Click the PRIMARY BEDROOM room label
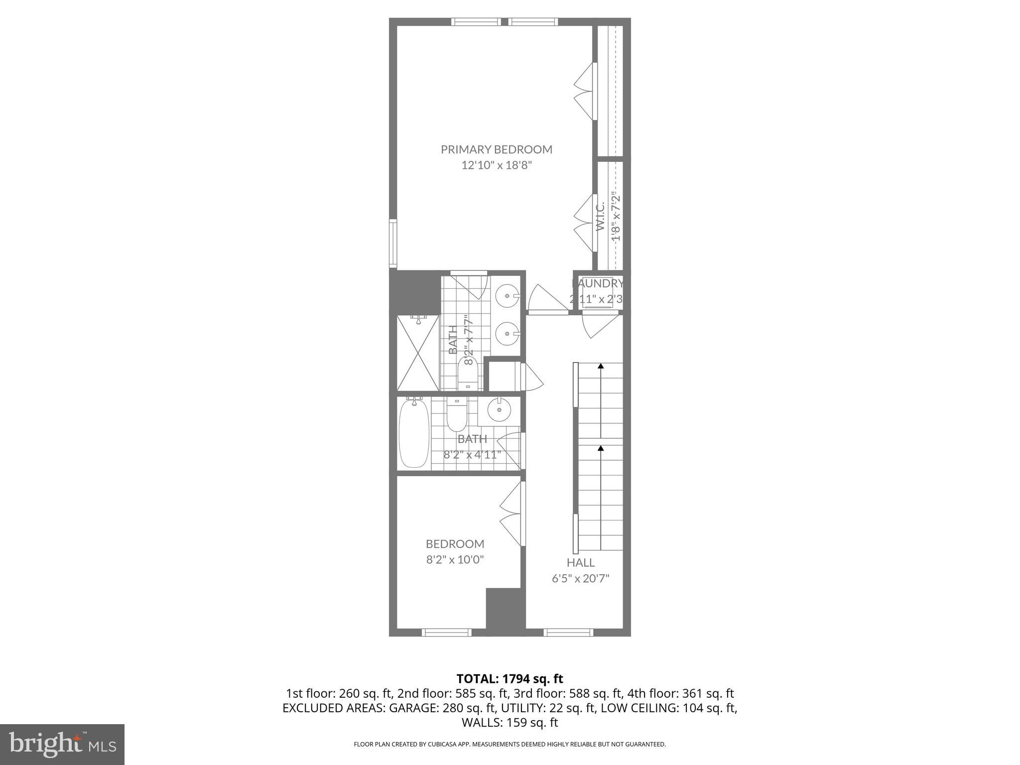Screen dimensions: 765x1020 coord(496,149)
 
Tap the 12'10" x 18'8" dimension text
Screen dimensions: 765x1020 coord(497,165)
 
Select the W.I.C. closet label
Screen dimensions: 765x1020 coord(600,216)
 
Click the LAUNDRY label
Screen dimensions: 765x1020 coord(598,283)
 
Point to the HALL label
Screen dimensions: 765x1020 coord(580,563)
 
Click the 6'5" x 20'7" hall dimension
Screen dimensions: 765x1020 coord(580,579)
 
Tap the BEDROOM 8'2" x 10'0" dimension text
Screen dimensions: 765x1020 coord(455,560)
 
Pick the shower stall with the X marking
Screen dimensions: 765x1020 coord(418,353)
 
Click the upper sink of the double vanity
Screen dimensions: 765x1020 coord(508,296)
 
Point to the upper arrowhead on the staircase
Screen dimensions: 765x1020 coord(601,366)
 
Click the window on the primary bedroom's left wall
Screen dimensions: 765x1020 coord(392,244)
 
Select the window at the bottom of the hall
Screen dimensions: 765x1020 coord(568,633)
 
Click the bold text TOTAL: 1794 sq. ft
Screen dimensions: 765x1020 coord(510,679)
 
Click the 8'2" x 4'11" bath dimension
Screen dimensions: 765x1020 coord(472,455)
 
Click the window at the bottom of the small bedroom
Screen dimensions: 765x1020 coord(446,633)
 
